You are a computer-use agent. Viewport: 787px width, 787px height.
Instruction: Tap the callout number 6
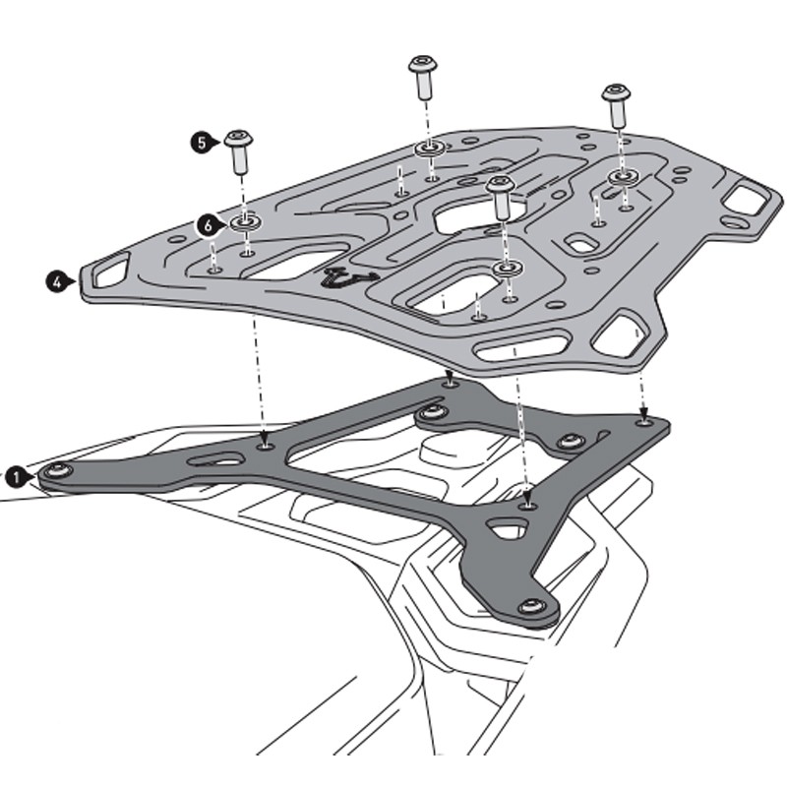206,225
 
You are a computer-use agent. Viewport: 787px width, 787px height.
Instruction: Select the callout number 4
57,281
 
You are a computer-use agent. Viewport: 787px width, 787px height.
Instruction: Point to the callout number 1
16,477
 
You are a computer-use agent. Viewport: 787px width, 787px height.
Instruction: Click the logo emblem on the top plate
349,278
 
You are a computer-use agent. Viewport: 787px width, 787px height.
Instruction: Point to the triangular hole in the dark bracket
509,532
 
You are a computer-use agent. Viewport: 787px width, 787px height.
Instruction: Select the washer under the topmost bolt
428,149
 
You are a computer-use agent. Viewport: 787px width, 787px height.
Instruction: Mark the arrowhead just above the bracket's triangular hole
529,500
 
